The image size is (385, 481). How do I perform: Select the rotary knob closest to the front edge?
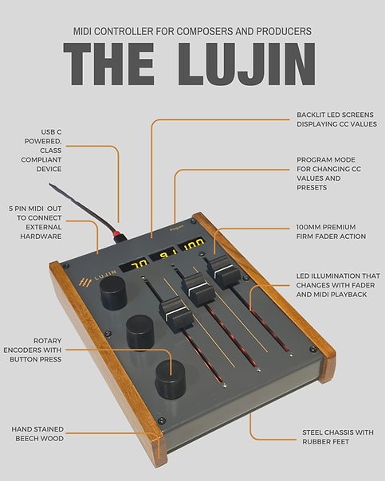[x=170, y=379]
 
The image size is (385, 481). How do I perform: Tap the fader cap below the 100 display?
[x=219, y=267]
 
